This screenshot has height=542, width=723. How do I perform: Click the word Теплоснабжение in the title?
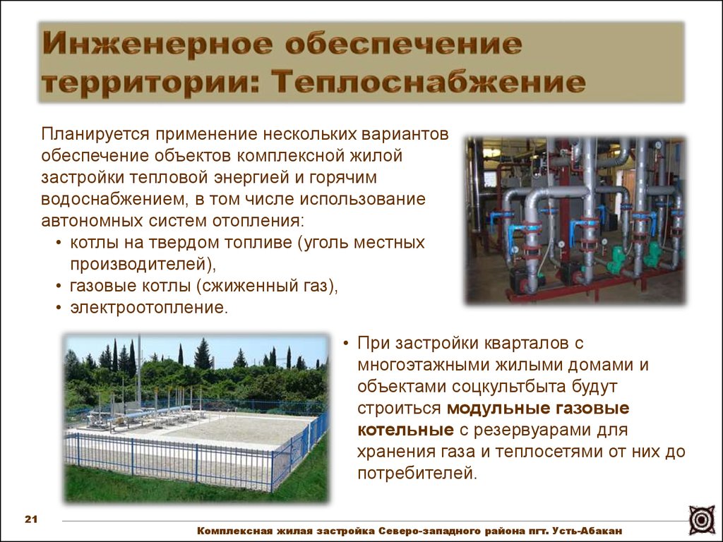pyautogui.click(x=429, y=83)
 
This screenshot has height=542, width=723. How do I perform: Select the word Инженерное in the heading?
pyautogui.click(x=157, y=44)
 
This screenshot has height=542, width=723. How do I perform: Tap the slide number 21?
pyautogui.click(x=31, y=519)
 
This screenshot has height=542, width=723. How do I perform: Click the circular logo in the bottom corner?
pyautogui.click(x=702, y=520)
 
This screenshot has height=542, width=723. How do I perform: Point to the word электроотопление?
pyautogui.click(x=149, y=308)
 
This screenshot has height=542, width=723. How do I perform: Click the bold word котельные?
pyautogui.click(x=406, y=430)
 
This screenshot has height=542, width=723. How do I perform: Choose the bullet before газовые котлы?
pyautogui.click(x=59, y=287)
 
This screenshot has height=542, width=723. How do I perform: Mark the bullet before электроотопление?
pyautogui.click(x=59, y=308)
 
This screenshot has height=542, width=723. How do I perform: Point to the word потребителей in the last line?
pyautogui.click(x=417, y=474)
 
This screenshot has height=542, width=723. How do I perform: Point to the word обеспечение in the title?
pyautogui.click(x=403, y=44)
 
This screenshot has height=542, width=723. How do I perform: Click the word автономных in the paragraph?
pyautogui.click(x=92, y=221)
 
